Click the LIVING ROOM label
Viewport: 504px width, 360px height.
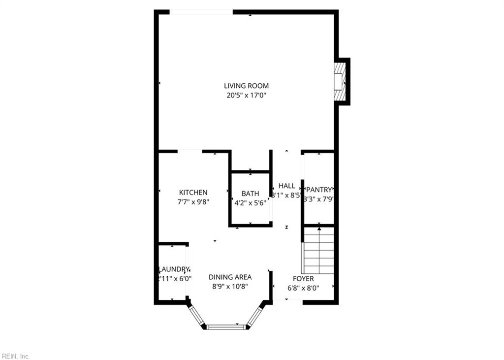coord(246,86)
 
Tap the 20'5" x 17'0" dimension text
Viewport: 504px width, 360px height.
coord(246,96)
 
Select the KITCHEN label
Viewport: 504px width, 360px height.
coord(193,193)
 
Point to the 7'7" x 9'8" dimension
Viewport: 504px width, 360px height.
coord(193,201)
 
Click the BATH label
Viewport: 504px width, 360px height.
coord(250,194)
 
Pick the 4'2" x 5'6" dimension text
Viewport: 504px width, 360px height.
coord(250,202)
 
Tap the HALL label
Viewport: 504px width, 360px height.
coord(287,186)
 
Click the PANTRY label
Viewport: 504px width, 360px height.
coord(319,190)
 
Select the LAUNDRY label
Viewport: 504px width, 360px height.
coord(174,269)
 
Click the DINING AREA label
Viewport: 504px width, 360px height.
coord(230,277)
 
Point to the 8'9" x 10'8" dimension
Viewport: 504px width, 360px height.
coord(230,286)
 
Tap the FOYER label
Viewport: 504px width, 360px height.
coord(303,279)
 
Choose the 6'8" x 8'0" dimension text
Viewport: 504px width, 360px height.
coord(303,288)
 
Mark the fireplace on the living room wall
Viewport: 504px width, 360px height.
coord(341,81)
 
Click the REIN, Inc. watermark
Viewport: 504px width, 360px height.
coord(16,356)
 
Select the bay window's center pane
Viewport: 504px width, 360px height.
coord(226,327)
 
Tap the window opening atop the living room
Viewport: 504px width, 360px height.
coord(201,12)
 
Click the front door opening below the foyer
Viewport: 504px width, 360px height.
coord(288,300)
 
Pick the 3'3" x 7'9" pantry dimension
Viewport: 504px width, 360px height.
coord(319,199)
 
